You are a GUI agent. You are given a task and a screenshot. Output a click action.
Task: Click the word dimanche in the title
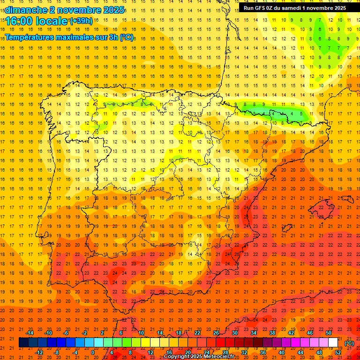[x=25, y=10]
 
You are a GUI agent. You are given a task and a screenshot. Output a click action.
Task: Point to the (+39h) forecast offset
[x=81, y=21]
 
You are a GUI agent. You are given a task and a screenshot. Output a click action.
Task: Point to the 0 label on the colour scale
[x=93, y=352]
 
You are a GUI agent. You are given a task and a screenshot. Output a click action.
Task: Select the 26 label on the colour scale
[x=216, y=333]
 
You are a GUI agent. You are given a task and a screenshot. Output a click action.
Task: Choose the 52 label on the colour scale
[x=338, y=352]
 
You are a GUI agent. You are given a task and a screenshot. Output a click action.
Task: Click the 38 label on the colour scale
[x=272, y=333]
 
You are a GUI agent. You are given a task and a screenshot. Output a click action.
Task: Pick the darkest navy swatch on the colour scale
[x=23, y=343]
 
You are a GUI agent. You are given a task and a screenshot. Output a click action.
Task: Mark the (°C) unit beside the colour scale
[x=349, y=343]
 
